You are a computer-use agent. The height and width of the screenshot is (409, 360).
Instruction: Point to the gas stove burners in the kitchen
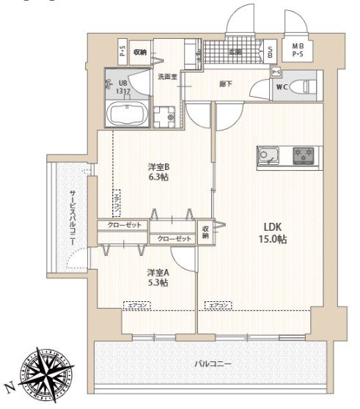tap(302, 155)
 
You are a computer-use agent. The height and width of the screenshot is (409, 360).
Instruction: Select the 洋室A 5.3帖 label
tap(155, 278)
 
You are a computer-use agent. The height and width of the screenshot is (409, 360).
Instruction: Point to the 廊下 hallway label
tap(227, 84)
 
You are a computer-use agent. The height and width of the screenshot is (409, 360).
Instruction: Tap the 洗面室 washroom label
tap(166, 76)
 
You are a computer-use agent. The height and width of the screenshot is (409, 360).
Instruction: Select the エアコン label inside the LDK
tap(218, 305)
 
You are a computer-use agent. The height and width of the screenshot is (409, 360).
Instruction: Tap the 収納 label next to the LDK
tap(206, 232)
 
